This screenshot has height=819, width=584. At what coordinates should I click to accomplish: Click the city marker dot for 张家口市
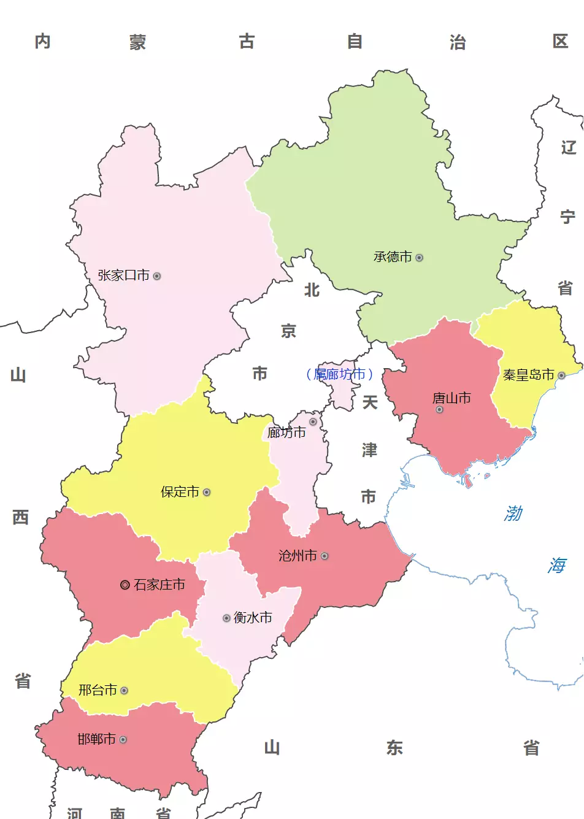157,276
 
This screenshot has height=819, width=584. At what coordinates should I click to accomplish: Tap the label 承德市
393,257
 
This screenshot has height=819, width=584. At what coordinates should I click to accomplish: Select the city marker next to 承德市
419,258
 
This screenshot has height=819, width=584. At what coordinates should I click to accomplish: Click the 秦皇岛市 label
528,375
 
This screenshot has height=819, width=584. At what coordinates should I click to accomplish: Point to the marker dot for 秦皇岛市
561,375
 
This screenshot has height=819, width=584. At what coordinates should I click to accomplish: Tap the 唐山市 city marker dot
439,409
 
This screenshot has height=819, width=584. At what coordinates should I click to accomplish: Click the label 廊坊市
286,433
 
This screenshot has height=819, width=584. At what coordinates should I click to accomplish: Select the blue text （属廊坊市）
339,374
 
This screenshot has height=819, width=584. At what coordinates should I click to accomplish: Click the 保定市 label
180,492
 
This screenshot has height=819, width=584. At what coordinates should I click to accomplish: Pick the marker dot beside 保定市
207,492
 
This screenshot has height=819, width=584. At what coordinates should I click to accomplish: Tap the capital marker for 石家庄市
125,585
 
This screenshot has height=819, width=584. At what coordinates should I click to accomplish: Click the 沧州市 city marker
325,556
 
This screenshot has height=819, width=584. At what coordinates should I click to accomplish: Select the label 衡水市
253,618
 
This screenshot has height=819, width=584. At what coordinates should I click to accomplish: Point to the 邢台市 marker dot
124,691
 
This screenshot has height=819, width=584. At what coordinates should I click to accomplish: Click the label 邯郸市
96,739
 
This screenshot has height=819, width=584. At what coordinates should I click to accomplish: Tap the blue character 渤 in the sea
513,513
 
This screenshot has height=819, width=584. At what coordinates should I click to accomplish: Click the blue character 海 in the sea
557,565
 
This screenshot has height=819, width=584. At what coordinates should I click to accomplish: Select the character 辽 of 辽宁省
569,147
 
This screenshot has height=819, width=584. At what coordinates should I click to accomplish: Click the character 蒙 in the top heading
137,42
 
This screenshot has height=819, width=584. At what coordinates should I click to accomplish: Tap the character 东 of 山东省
394,748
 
